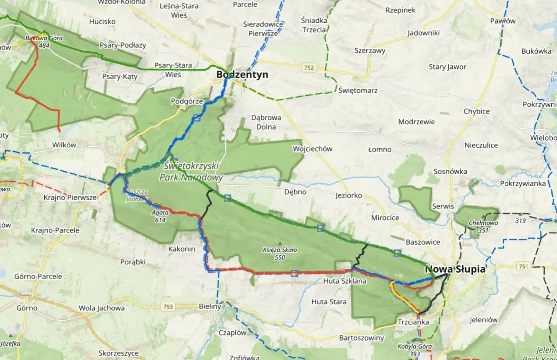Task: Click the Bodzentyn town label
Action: click(x=242, y=75)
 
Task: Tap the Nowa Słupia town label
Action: click(x=455, y=269)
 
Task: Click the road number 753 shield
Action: click(x=167, y=307)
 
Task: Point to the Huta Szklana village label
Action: click(x=344, y=281)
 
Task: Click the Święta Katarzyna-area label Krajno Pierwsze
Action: click(x=70, y=198)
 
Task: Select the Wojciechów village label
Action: click(x=312, y=149)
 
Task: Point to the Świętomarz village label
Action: click(x=358, y=91)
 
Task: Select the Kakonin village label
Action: click(x=181, y=249)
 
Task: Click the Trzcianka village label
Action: click(x=413, y=322)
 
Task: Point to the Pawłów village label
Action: click(x=503, y=21)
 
